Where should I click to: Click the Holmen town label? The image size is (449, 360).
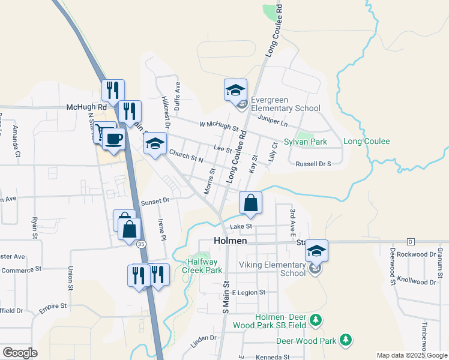point(231,241)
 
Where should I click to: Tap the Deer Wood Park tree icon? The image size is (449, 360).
point(345,340)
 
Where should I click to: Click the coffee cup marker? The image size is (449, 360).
point(113,139)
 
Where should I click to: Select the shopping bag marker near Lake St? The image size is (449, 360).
point(251,203)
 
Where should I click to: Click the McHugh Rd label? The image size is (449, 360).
point(86,107)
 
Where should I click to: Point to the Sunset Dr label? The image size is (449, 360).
point(156,203)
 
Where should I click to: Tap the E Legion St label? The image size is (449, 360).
point(249,292)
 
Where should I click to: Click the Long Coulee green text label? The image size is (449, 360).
point(366,142)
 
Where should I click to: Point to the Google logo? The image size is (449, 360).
point(19,352)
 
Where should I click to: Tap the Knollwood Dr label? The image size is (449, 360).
point(416,281)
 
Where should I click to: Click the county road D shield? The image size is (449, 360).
point(411,241)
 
